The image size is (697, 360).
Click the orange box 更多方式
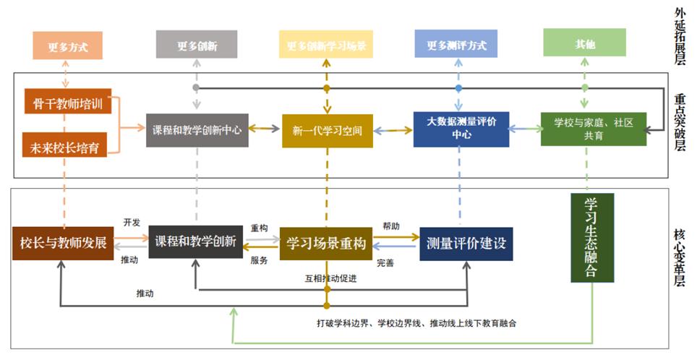(67, 46)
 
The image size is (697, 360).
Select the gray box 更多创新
(197, 45)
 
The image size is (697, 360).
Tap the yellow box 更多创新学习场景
(326, 45)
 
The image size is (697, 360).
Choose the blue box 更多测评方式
(456, 45)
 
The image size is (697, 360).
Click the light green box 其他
(585, 44)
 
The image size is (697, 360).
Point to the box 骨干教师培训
(67, 103)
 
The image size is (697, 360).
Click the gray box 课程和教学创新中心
(197, 131)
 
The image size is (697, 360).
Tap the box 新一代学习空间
(327, 131)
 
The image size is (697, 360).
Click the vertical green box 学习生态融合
(592, 238)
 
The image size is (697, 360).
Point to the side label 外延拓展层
(680, 36)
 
